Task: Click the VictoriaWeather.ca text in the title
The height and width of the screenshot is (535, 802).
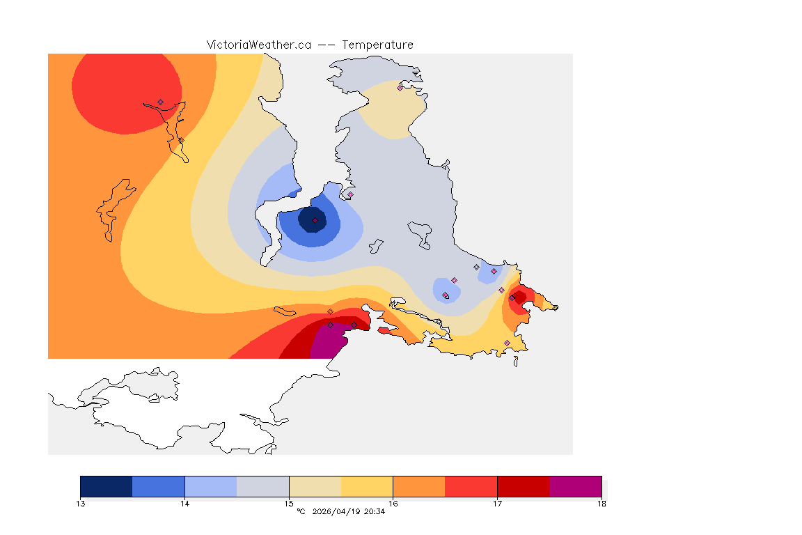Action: click(x=258, y=45)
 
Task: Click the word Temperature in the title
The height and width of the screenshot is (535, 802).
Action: click(x=377, y=45)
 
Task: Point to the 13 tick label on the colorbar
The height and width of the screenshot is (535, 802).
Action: click(x=81, y=504)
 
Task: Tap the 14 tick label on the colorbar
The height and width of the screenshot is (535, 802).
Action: click(x=184, y=504)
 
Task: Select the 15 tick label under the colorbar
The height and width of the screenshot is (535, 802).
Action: click(x=289, y=504)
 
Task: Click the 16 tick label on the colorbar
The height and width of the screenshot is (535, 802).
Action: click(x=393, y=504)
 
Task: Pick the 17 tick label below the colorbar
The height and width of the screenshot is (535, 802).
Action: click(x=497, y=504)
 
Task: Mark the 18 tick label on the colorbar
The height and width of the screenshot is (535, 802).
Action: click(x=601, y=504)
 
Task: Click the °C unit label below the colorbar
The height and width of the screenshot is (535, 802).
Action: click(x=301, y=512)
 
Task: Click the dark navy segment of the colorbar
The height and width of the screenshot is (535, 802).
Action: click(x=107, y=486)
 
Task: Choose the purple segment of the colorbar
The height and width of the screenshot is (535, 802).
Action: click(x=575, y=486)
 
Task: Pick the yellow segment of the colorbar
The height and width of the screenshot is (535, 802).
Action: click(x=367, y=486)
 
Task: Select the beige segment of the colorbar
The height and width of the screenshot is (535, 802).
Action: click(x=315, y=486)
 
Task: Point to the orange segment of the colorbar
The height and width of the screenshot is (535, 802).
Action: click(x=419, y=486)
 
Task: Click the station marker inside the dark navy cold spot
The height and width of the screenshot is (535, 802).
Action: click(x=315, y=220)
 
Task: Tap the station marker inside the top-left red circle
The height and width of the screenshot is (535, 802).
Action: click(x=160, y=102)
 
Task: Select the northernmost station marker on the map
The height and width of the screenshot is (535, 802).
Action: click(x=400, y=88)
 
